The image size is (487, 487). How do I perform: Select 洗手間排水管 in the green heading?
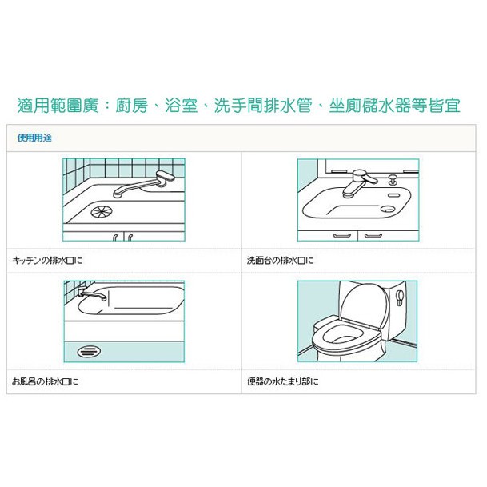(x=263, y=105)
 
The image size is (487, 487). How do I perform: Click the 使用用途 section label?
(x=34, y=138)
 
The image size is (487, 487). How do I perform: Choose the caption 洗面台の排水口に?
(x=281, y=261)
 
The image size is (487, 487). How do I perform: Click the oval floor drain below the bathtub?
(x=87, y=351)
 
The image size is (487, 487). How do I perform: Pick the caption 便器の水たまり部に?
(x=283, y=381)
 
